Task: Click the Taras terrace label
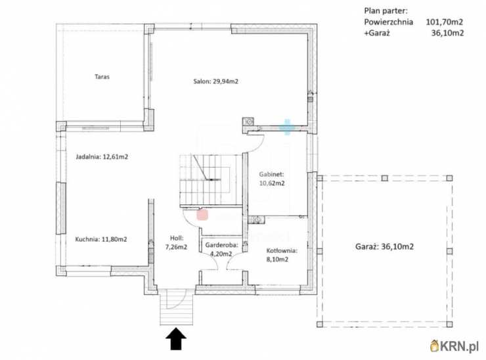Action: click(x=102, y=77)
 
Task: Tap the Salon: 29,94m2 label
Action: click(x=215, y=81)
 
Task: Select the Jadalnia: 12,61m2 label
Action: click(x=102, y=157)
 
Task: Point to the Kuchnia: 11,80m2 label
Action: click(x=101, y=239)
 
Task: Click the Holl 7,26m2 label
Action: click(x=177, y=242)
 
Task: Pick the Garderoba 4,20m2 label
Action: click(x=221, y=249)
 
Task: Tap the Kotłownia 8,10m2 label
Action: click(x=282, y=255)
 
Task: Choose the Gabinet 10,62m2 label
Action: click(x=272, y=179)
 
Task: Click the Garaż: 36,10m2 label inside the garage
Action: click(x=384, y=247)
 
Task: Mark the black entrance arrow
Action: click(x=176, y=339)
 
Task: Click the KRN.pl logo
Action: click(x=454, y=346)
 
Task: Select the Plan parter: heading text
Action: click(x=386, y=11)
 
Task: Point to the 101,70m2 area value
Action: click(x=445, y=22)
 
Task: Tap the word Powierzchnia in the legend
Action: click(x=388, y=22)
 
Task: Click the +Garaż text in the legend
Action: click(x=377, y=33)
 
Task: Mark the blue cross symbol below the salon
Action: click(x=286, y=127)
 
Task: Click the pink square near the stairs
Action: click(x=202, y=215)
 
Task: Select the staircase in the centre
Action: click(x=211, y=180)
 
